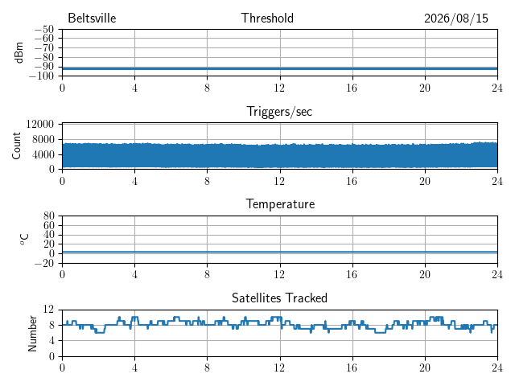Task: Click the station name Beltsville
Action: click(92, 18)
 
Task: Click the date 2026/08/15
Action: click(456, 18)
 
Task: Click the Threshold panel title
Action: click(267, 18)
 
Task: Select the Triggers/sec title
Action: click(279, 112)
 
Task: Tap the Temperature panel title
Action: click(280, 204)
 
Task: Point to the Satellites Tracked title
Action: click(279, 298)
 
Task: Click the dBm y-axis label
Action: click(19, 52)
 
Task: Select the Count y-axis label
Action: click(16, 146)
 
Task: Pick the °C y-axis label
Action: click(25, 240)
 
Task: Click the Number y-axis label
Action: click(32, 334)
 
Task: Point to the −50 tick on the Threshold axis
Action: click(44, 29)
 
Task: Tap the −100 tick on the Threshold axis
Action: click(41, 76)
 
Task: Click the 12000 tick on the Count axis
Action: click(40, 124)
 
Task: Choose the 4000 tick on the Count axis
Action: click(43, 154)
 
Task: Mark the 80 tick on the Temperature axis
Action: click(48, 216)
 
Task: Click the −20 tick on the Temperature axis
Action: click(44, 263)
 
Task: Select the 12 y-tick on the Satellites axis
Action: click(48, 309)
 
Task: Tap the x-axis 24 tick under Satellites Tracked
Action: click(497, 368)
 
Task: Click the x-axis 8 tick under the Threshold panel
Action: click(207, 88)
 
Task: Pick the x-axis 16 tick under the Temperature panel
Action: click(352, 274)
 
